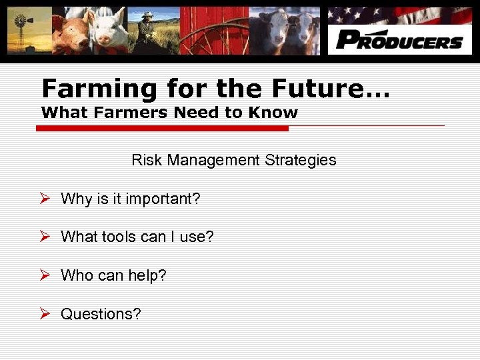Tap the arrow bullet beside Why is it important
(45, 198)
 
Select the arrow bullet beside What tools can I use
(45, 236)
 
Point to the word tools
(119, 237)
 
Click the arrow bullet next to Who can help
(45, 275)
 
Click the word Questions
(101, 314)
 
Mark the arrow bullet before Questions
(45, 313)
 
